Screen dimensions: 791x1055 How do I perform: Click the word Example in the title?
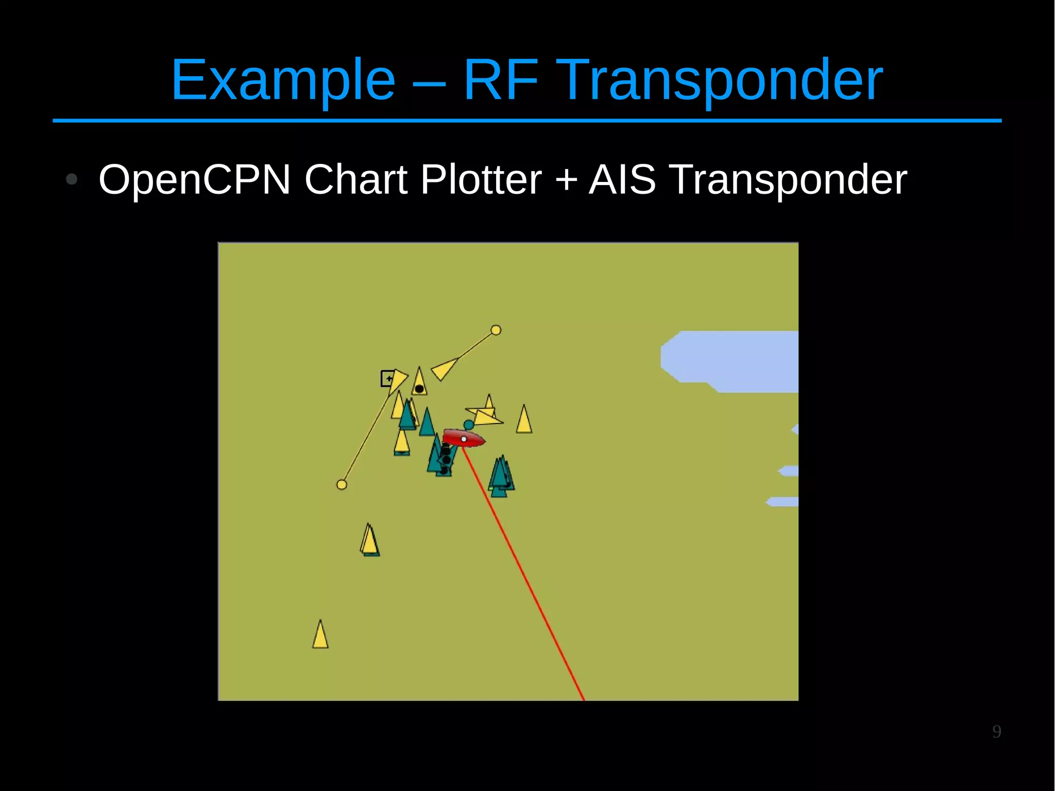pos(283,80)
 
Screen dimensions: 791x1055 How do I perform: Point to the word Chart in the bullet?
pos(356,179)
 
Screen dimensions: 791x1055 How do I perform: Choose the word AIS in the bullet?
pos(622,179)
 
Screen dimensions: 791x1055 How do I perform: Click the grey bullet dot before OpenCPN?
pos(72,179)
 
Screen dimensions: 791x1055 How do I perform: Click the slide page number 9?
pos(997,731)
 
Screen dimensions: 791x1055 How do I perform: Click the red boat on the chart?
pos(463,438)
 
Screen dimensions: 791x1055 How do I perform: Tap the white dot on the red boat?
pos(464,439)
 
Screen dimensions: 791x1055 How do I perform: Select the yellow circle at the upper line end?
pos(496,330)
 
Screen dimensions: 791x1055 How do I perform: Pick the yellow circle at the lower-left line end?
pos(342,484)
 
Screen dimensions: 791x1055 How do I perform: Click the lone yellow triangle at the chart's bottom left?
pos(320,635)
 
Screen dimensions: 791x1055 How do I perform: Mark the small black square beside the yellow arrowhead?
pos(387,378)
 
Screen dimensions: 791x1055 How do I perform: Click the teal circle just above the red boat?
pos(468,425)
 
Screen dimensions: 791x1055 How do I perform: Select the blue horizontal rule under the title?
pos(527,121)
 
